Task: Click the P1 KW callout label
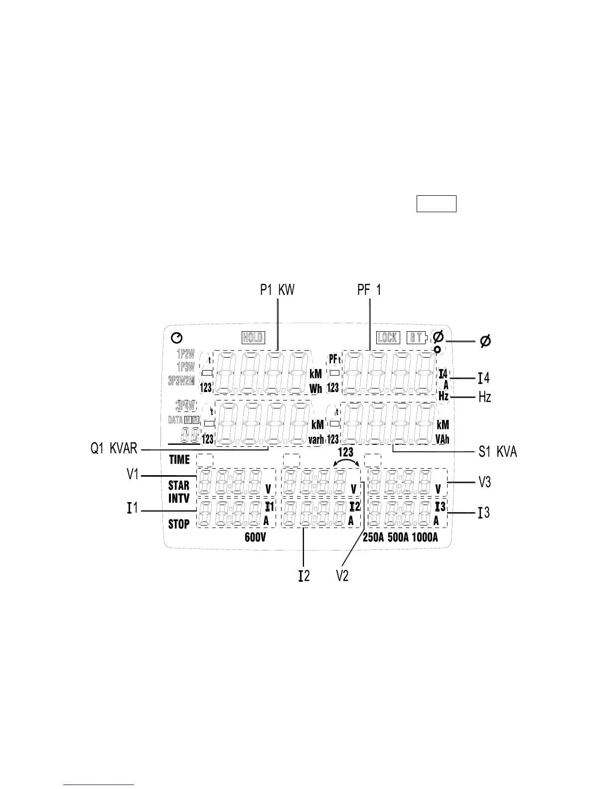pyautogui.click(x=277, y=290)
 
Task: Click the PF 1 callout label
pyautogui.click(x=369, y=290)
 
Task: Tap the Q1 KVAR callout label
pyautogui.click(x=114, y=449)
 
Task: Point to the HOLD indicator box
pyautogui.click(x=253, y=338)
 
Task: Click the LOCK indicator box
pyautogui.click(x=387, y=338)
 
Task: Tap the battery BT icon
pyautogui.click(x=417, y=338)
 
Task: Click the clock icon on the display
pyautogui.click(x=176, y=339)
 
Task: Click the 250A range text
pyautogui.click(x=373, y=537)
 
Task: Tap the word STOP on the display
pyautogui.click(x=179, y=524)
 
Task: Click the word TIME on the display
pyautogui.click(x=179, y=460)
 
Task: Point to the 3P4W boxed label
pyautogui.click(x=185, y=405)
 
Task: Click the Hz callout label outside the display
pyautogui.click(x=485, y=397)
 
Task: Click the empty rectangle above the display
pyautogui.click(x=436, y=204)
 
